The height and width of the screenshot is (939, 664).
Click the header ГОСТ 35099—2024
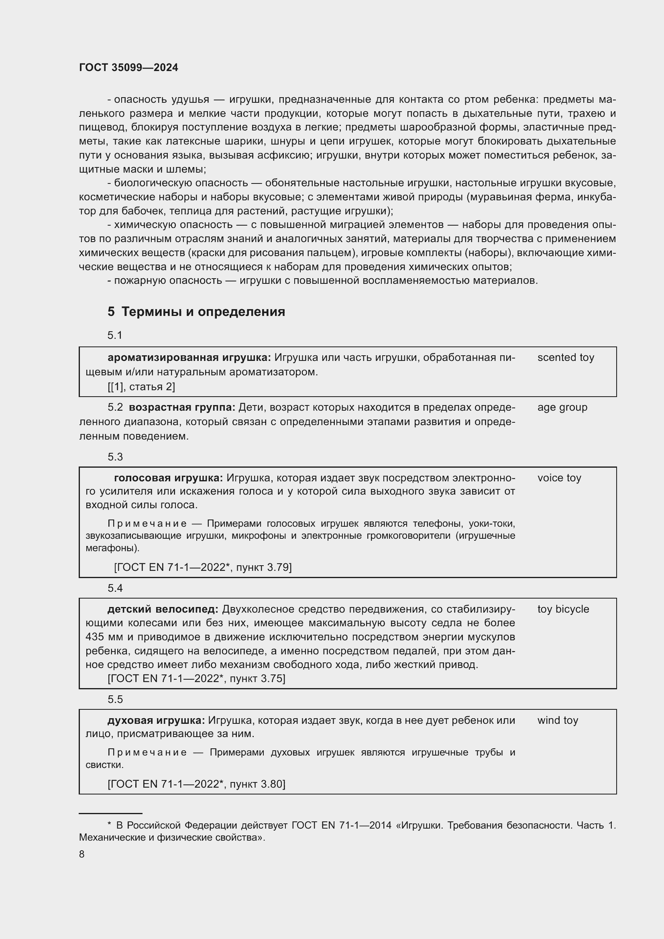pos(128,68)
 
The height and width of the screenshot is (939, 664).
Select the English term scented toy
pos(566,357)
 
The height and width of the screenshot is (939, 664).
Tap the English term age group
pos(562,407)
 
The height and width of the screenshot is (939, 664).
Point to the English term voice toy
pos(559,478)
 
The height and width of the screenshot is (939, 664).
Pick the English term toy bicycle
pos(563,609)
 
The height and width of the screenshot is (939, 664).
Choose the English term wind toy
pos(558,720)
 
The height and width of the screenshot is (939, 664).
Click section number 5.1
pos(115,335)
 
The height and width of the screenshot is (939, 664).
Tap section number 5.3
pos(115,457)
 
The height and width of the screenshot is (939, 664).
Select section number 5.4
pos(115,588)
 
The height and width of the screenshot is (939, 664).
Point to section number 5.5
pos(115,699)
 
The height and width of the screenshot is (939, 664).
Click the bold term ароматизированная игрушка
pos(189,357)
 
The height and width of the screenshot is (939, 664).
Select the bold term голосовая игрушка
pos(169,478)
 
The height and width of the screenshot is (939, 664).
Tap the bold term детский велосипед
pos(163,609)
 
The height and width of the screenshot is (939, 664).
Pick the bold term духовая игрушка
pos(156,720)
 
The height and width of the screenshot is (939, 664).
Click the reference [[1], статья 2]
pos(141,387)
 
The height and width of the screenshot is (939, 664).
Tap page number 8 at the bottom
pos(82,854)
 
